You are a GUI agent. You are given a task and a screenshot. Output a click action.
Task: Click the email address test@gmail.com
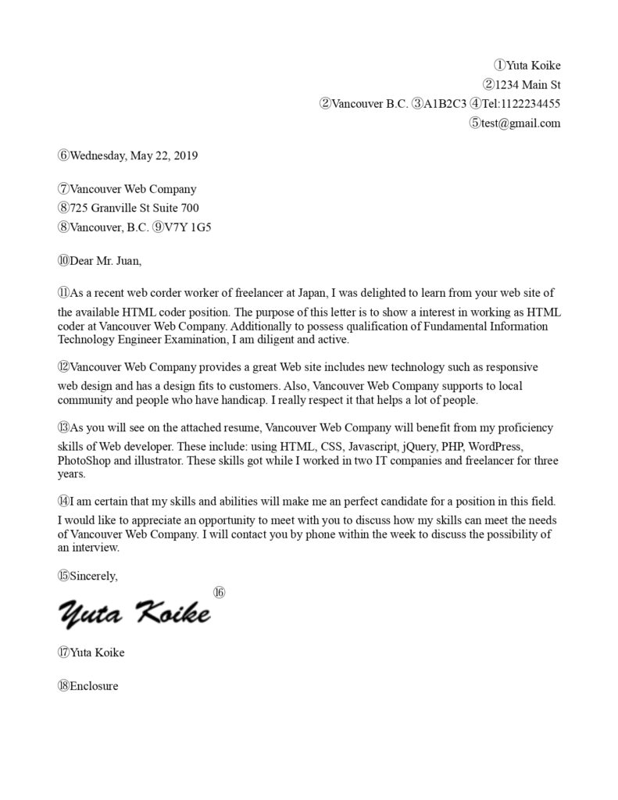520,123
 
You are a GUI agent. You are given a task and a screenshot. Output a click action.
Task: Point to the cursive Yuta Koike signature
134,612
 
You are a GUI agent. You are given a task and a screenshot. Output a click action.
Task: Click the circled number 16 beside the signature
219,593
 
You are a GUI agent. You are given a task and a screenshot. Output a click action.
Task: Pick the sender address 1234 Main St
528,84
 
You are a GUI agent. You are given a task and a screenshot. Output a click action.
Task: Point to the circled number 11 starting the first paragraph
64,293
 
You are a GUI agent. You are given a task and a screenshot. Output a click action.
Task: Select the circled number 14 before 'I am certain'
64,501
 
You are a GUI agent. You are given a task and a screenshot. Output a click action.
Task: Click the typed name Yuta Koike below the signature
97,652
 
